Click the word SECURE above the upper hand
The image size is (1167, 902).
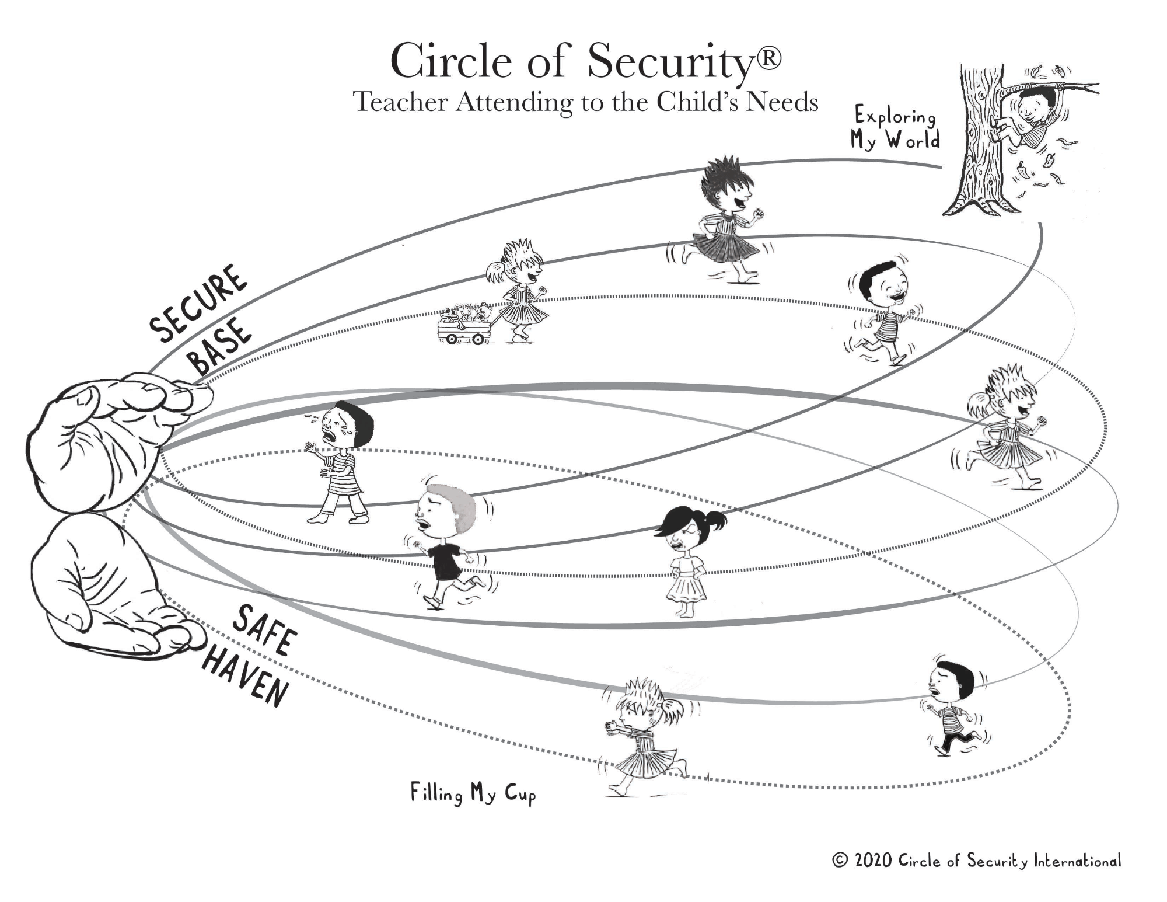click(x=198, y=303)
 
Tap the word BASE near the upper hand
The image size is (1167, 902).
click(x=222, y=349)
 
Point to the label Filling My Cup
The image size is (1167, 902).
click(x=473, y=794)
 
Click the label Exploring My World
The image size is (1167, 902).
click(x=895, y=128)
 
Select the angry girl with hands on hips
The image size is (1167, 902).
click(x=689, y=560)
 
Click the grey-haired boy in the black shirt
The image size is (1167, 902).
click(x=446, y=543)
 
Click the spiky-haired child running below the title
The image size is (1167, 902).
click(x=724, y=222)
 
